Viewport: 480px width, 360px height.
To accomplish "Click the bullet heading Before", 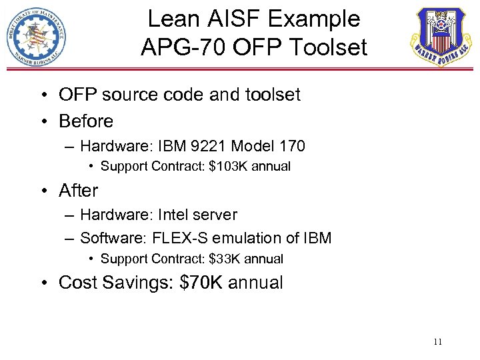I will (x=86, y=121).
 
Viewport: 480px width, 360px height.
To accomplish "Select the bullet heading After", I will (x=79, y=191).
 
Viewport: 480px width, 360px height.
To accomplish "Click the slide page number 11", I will (x=438, y=342).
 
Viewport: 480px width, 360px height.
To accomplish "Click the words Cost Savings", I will (x=116, y=283).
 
